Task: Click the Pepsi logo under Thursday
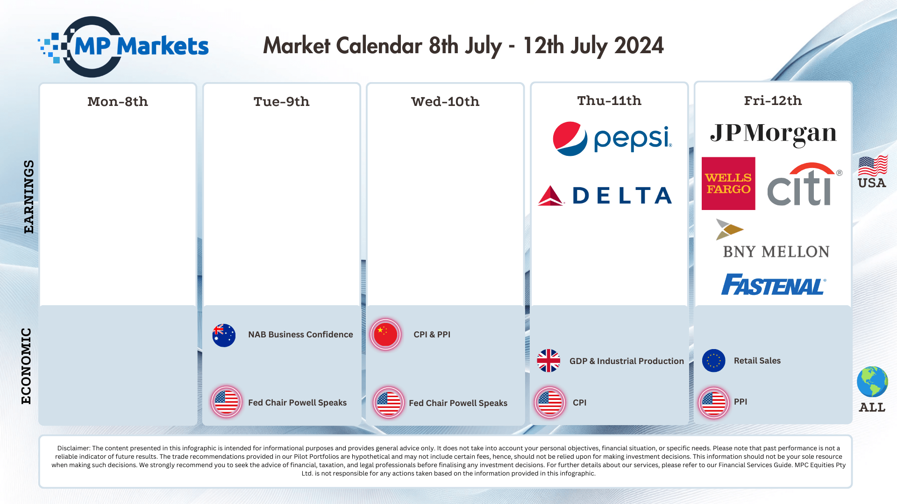tap(612, 139)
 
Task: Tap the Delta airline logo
tap(605, 196)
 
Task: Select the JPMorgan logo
tap(773, 133)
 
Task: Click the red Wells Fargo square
tap(728, 183)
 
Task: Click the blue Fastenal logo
tap(774, 285)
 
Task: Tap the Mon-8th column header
tap(118, 102)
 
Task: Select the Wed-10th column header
tap(445, 102)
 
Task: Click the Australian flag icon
tap(224, 335)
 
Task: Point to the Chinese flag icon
tap(385, 334)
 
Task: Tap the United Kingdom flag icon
tap(548, 361)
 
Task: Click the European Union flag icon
tap(713, 361)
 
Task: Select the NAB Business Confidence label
tap(300, 335)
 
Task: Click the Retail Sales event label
tap(757, 361)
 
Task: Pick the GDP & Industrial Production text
tap(626, 361)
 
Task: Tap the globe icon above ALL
tap(872, 382)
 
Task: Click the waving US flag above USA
tap(872, 165)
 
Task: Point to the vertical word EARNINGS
tap(29, 196)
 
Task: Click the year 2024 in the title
tap(639, 46)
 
